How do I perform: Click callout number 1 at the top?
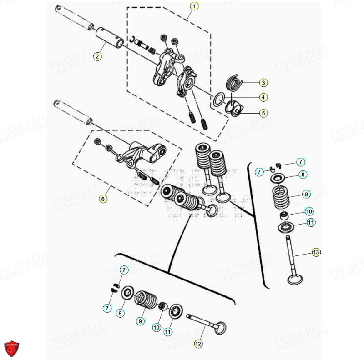pyautogui.click(x=194, y=6)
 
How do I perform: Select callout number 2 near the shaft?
pyautogui.click(x=97, y=56)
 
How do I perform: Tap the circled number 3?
pyautogui.click(x=263, y=83)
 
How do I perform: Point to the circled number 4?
pyautogui.click(x=263, y=97)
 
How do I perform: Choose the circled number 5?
pyautogui.click(x=263, y=112)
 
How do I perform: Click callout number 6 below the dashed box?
pyautogui.click(x=103, y=199)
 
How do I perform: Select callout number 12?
pyautogui.click(x=197, y=344)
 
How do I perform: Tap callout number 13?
pyautogui.click(x=316, y=252)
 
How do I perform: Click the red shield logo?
pyautogui.click(x=12, y=348)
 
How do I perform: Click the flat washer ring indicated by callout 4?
pyautogui.click(x=219, y=98)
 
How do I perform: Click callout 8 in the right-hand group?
pyautogui.click(x=302, y=174)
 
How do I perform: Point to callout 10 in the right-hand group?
pyautogui.click(x=308, y=211)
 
